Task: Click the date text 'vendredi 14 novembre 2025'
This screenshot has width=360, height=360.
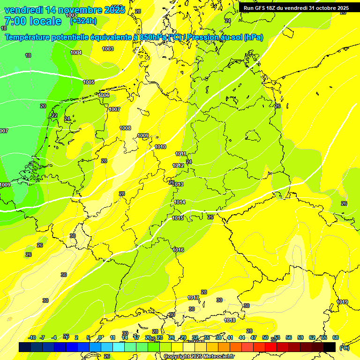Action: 65,10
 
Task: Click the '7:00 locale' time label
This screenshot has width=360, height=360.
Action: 32,21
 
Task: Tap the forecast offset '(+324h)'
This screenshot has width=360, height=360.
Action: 83,21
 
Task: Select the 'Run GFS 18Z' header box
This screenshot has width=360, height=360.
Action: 296,8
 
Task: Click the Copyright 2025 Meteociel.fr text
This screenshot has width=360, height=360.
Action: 199,356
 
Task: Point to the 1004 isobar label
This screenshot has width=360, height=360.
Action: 76,52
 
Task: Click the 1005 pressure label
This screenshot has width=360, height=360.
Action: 89,82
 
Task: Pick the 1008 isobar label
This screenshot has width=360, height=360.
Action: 125,128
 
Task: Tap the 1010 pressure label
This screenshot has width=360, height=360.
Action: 160,147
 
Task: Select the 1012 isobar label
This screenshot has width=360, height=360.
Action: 178,165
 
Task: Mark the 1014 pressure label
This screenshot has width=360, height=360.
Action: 180,202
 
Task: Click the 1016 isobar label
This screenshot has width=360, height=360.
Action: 178,250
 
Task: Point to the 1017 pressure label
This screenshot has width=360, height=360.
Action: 193,298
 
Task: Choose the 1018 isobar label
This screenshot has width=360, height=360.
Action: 230,320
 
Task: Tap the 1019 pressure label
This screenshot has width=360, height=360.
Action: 342,302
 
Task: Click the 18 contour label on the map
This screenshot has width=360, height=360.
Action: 28,55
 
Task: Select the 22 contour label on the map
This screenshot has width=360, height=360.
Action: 54,115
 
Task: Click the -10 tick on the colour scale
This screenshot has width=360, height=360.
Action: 32,337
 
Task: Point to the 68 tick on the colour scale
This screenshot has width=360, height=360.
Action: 335,337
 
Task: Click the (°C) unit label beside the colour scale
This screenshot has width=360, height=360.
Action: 344,347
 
